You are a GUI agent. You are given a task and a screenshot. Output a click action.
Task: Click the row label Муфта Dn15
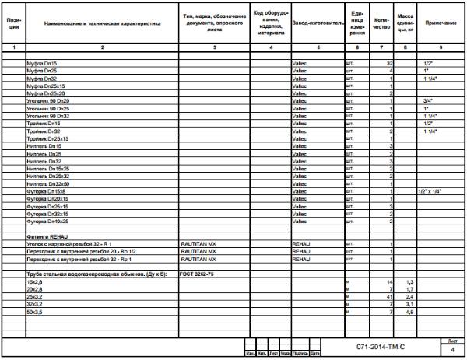click(42, 62)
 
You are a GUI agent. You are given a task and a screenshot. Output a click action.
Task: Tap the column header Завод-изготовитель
click(317, 24)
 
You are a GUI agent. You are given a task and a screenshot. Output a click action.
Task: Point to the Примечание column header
click(441, 24)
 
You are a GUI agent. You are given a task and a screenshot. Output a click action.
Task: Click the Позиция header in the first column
click(13, 24)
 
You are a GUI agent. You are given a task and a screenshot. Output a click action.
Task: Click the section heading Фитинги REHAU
click(48, 236)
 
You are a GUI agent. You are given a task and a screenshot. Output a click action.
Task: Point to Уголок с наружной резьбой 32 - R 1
click(69, 243)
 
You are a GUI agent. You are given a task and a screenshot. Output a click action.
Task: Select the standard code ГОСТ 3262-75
click(196, 274)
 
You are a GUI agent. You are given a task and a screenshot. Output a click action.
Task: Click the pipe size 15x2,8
click(36, 281)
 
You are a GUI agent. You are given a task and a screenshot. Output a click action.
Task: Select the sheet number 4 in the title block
click(453, 351)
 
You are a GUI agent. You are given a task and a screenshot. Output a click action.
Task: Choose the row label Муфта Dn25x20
click(47, 93)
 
